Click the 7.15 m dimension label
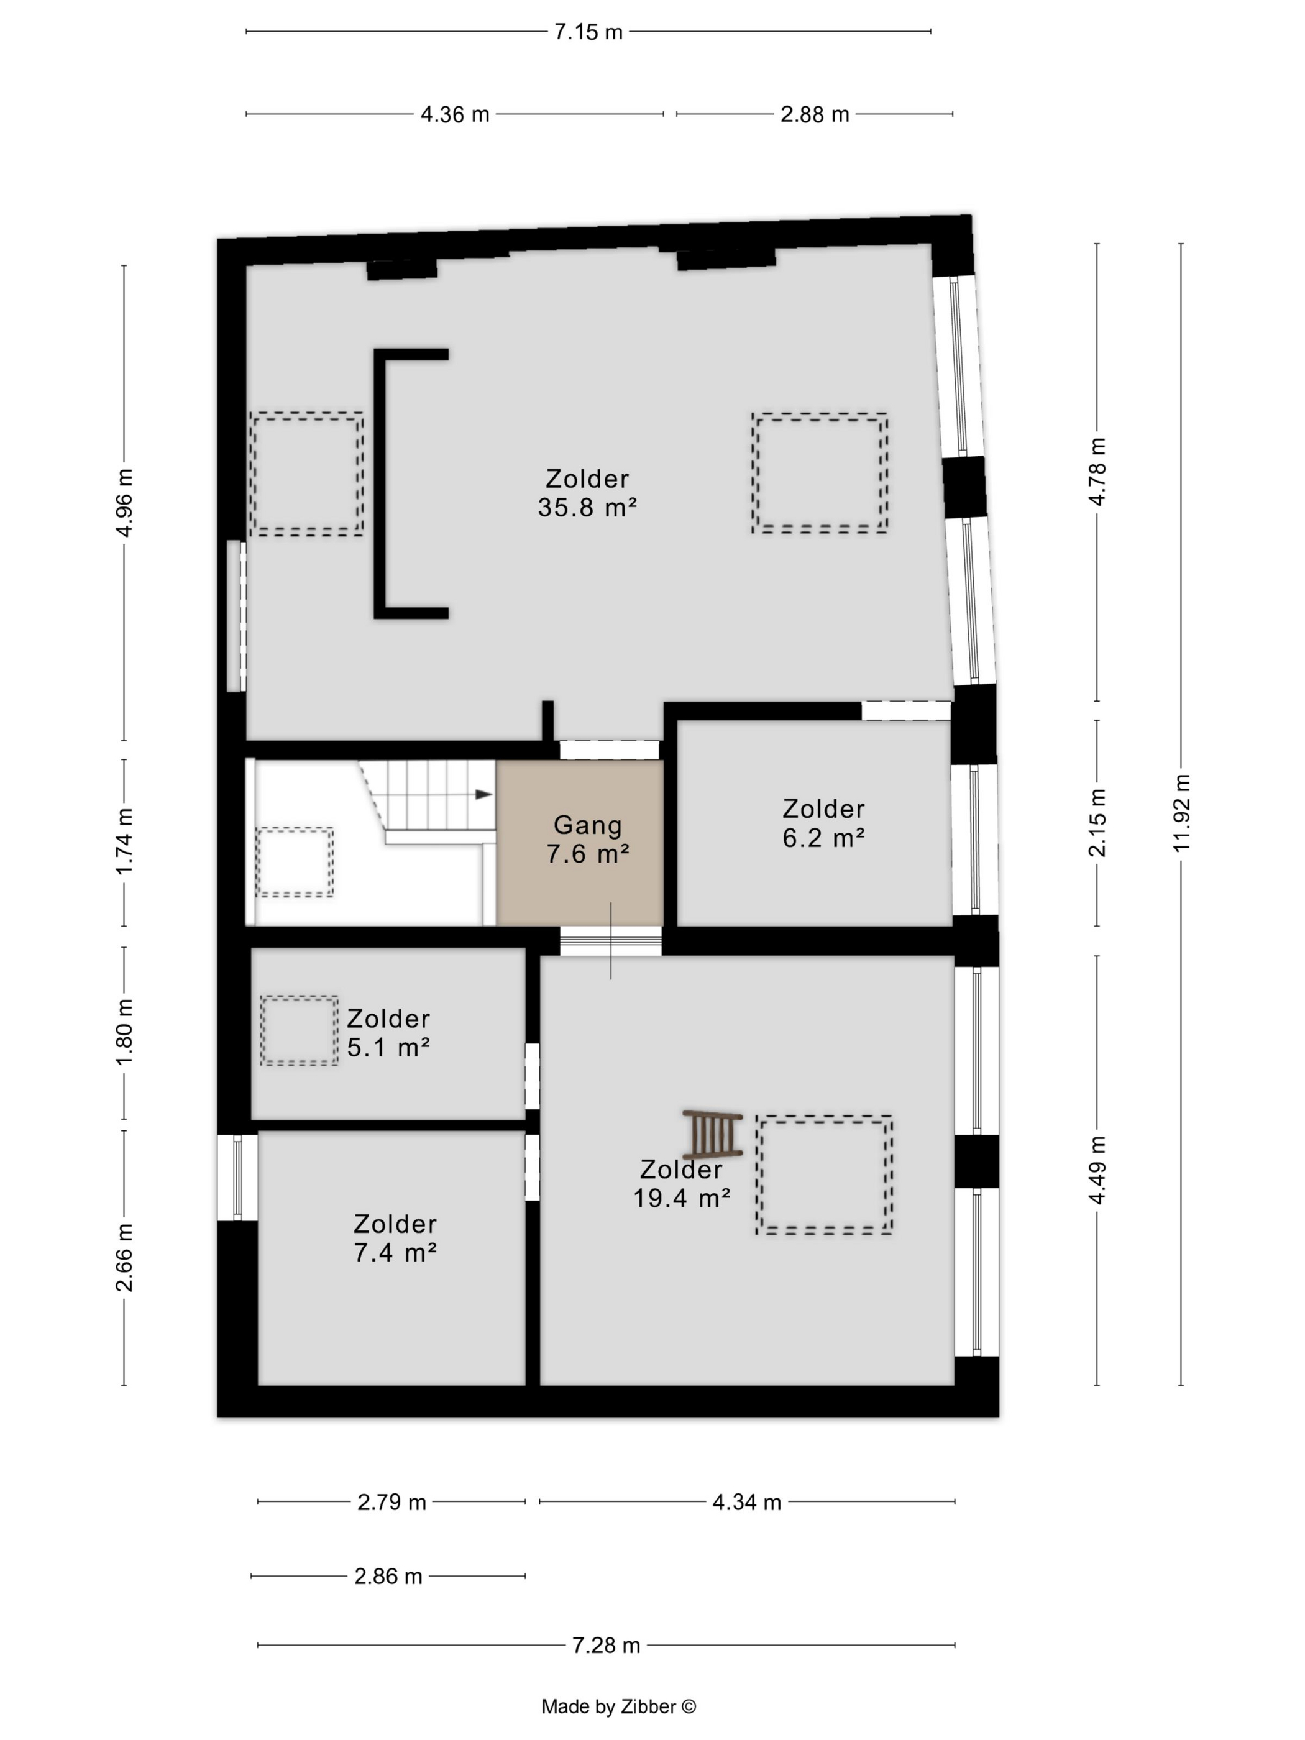588,32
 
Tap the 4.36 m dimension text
455,114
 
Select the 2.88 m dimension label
814,114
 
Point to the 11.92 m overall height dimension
1181,813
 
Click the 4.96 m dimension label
124,502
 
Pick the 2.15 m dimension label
1097,822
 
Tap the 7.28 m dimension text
606,1645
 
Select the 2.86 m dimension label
388,1575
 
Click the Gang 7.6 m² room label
588,838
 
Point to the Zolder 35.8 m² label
587,492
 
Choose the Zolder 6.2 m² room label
823,823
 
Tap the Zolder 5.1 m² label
388,1033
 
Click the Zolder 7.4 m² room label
395,1237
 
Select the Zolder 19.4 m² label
681,1183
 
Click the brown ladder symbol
713,1133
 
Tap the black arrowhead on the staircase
483,794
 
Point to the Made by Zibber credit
618,1706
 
